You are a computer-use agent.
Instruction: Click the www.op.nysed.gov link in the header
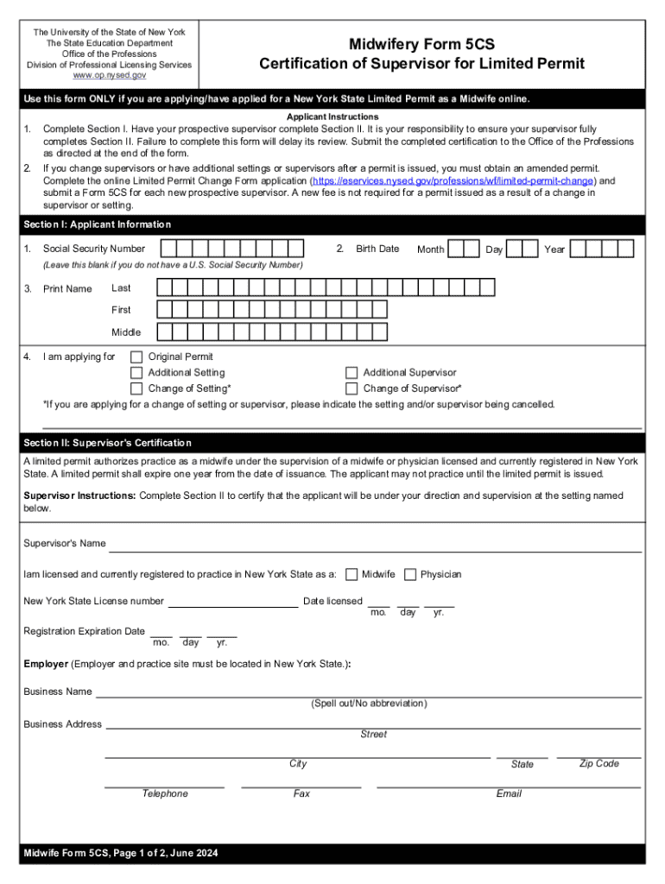tap(109, 76)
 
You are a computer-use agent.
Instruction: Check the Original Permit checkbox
tap(136, 357)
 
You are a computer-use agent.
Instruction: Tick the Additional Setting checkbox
tap(136, 373)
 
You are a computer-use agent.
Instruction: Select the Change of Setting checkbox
tap(136, 389)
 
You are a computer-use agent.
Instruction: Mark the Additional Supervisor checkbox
tap(351, 373)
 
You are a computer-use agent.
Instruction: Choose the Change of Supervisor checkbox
tap(351, 389)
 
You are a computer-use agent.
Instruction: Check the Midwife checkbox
tap(351, 575)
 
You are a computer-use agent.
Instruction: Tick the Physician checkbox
tap(410, 575)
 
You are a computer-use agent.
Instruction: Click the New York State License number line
tap(232, 602)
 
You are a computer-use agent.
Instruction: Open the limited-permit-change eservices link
tap(453, 181)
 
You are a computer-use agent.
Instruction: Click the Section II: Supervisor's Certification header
tap(108, 443)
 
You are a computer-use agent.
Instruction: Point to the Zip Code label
tap(598, 764)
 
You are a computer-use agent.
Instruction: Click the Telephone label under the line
tap(165, 794)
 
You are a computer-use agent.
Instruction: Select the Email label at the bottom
tap(509, 794)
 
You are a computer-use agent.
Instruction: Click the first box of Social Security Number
tap(168, 249)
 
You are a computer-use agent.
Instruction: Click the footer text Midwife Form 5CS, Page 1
tap(121, 854)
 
